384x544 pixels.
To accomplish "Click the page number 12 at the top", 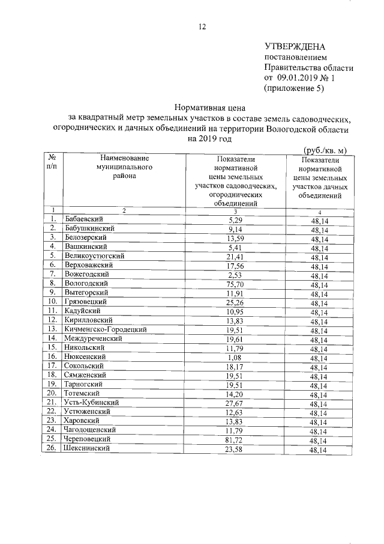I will coord(202,26).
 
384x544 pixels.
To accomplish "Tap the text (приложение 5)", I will coord(294,88).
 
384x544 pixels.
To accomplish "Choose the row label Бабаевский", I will coord(83,219).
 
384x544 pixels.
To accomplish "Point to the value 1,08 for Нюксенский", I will coord(235,357).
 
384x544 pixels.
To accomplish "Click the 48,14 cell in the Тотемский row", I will coord(319,394).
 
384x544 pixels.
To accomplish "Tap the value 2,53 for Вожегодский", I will coord(235,274).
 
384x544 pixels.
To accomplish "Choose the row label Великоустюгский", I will coord(94,255).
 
